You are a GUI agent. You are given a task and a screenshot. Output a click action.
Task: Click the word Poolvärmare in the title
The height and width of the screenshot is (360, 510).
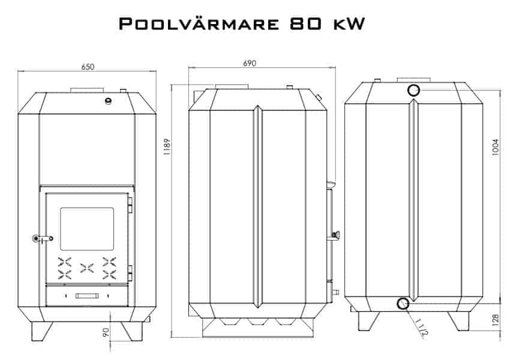[198, 24]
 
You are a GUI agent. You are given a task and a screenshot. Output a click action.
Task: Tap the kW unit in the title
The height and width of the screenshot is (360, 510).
[347, 24]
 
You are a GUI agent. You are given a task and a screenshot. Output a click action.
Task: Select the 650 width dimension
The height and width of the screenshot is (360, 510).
[88, 67]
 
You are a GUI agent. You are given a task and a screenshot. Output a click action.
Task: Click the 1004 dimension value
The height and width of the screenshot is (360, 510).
[495, 148]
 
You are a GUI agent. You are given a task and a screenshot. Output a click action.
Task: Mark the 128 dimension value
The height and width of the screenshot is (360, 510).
[495, 320]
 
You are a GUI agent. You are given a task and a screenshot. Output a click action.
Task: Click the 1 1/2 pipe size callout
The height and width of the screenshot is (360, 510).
[419, 328]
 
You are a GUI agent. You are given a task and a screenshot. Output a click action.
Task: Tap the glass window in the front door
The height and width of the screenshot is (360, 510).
[87, 229]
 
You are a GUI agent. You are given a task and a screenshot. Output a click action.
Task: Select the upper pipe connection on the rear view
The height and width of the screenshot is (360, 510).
[413, 91]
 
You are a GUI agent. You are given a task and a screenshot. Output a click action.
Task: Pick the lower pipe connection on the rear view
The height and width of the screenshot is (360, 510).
[403, 304]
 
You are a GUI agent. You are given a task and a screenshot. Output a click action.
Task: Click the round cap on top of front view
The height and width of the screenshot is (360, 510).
[109, 100]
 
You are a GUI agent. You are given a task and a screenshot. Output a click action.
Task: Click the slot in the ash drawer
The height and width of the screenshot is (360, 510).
[87, 295]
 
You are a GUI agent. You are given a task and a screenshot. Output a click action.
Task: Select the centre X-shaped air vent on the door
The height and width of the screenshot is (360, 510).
[88, 268]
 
